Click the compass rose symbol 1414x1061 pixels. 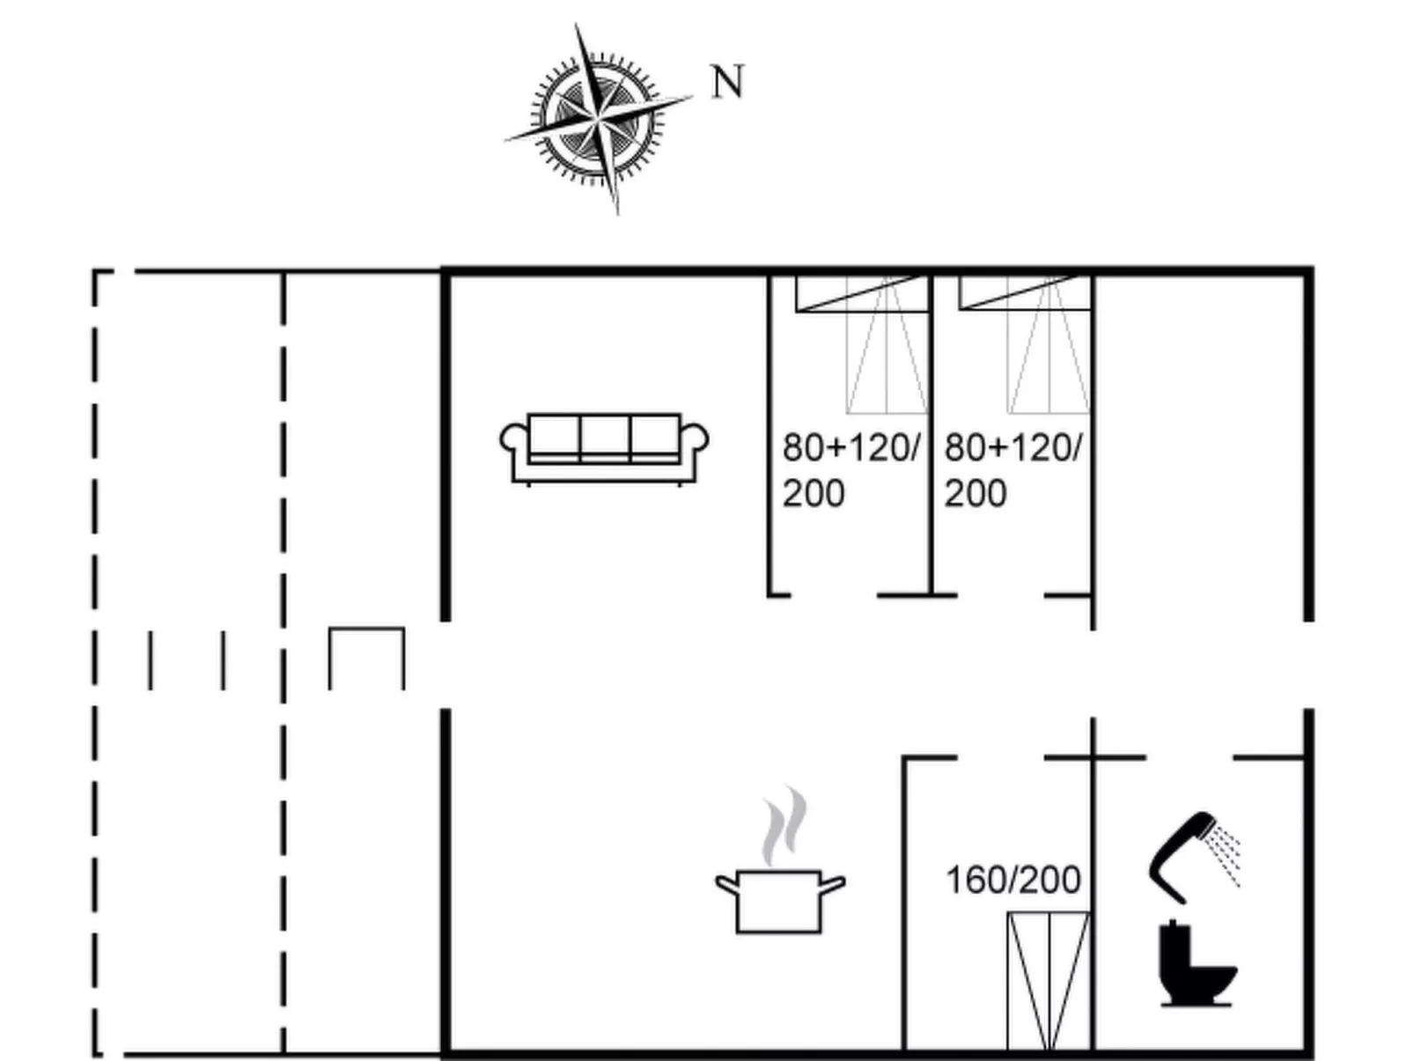(x=598, y=117)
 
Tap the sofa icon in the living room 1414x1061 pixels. (x=604, y=448)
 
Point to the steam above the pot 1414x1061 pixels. (x=784, y=825)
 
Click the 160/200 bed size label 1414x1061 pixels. (x=1013, y=880)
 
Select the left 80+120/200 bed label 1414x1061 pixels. (x=849, y=470)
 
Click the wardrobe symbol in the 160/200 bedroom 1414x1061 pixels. (x=1049, y=981)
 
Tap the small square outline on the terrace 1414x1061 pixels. (x=366, y=659)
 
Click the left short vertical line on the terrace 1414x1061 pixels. (x=151, y=659)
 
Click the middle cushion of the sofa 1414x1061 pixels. (x=605, y=436)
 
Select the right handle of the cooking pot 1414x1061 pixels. (x=832, y=882)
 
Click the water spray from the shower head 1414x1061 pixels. (x=1225, y=850)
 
